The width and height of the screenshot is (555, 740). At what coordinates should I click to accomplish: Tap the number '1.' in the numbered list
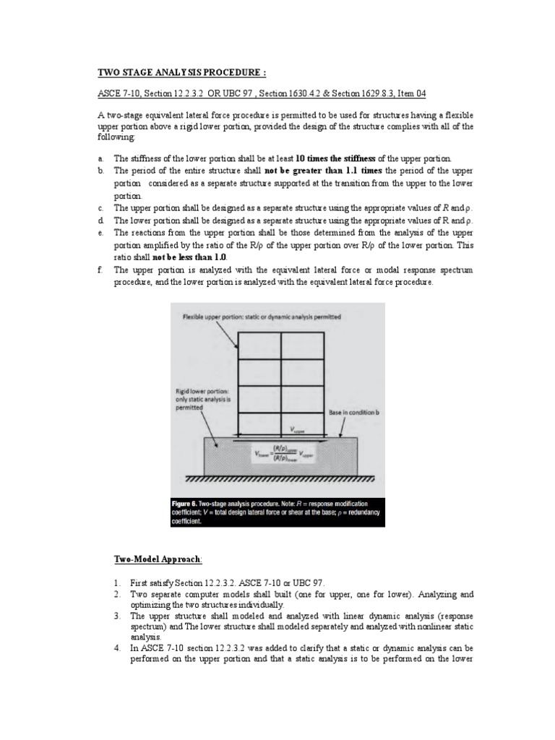(x=116, y=582)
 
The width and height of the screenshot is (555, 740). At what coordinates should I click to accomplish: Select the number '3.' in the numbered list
(x=116, y=616)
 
